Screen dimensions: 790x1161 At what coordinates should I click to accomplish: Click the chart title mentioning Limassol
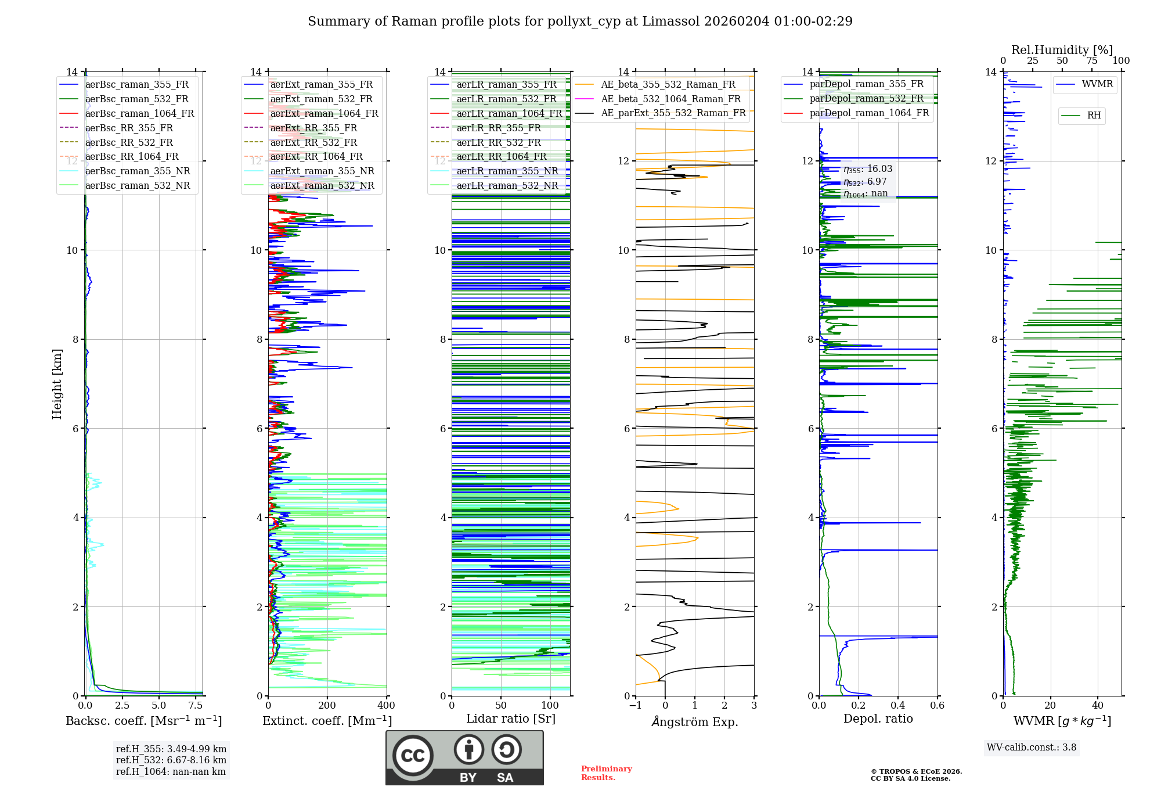click(x=580, y=21)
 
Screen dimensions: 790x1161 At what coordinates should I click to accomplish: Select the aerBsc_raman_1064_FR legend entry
click(x=139, y=113)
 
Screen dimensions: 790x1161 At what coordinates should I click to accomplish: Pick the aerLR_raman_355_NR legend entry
click(x=507, y=171)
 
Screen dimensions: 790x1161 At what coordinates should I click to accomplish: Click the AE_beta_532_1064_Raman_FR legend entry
click(x=670, y=99)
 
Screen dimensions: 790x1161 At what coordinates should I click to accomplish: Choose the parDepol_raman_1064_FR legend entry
click(x=869, y=113)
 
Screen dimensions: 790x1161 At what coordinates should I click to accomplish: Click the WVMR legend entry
click(x=1097, y=84)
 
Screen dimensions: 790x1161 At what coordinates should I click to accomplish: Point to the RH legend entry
click(x=1094, y=116)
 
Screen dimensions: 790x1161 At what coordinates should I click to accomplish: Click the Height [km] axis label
click(x=57, y=384)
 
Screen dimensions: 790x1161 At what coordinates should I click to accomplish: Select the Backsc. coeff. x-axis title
click(x=143, y=721)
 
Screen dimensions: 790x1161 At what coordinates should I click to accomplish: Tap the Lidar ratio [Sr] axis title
click(x=511, y=719)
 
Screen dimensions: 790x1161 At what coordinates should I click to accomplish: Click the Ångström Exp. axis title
click(x=695, y=722)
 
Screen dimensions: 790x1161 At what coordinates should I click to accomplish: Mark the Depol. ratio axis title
click(x=878, y=719)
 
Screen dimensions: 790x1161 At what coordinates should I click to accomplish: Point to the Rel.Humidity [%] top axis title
click(x=1062, y=50)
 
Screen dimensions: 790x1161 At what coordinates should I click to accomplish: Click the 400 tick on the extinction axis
click(x=386, y=706)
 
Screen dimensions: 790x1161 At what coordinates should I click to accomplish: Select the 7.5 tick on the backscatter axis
click(x=196, y=706)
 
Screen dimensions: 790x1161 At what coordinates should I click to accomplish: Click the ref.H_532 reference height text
click(x=171, y=760)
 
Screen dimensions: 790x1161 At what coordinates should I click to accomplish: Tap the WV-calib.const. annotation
click(x=1032, y=748)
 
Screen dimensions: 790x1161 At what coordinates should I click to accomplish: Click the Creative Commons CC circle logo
click(x=413, y=756)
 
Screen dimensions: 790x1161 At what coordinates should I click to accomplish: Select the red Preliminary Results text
click(x=606, y=773)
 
